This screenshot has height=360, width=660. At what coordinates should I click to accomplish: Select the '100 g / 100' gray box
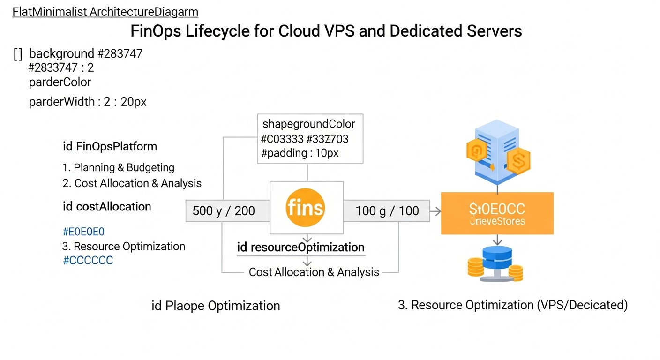click(x=387, y=211)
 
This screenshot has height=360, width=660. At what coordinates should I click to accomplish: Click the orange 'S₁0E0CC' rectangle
click(x=497, y=213)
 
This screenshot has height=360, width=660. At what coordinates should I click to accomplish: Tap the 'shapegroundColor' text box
click(x=310, y=139)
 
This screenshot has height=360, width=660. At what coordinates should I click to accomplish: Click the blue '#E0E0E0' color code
click(x=83, y=231)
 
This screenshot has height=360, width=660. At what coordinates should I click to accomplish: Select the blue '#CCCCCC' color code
click(x=88, y=261)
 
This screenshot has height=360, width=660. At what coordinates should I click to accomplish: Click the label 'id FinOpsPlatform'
click(x=110, y=147)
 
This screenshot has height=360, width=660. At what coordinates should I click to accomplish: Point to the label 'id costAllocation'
click(x=107, y=207)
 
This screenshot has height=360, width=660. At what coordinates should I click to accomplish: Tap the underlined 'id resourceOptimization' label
click(x=300, y=247)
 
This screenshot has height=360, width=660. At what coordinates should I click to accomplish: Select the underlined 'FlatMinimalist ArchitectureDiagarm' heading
click(x=105, y=12)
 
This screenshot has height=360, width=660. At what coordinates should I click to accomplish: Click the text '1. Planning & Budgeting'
click(x=119, y=167)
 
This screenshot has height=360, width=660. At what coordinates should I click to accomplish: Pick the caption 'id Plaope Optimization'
click(x=216, y=306)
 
